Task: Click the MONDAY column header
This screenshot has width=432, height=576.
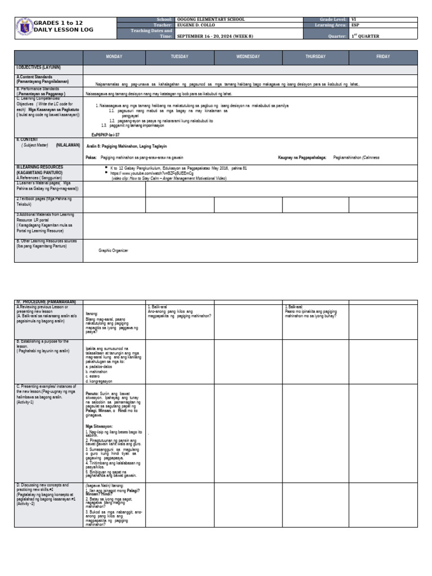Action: [114, 57]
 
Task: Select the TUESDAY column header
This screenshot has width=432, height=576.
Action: [180, 57]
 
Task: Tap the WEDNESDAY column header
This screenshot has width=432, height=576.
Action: [248, 57]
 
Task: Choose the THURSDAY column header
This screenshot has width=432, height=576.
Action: [316, 57]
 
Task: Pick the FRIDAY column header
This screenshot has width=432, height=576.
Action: [383, 57]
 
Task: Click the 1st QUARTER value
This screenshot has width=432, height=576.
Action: [365, 36]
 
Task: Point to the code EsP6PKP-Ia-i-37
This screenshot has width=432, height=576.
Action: [105, 135]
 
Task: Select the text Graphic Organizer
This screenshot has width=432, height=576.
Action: [113, 250]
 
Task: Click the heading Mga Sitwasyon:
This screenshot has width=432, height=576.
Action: [99, 427]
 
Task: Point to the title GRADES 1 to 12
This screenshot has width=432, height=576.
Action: [58, 22]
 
